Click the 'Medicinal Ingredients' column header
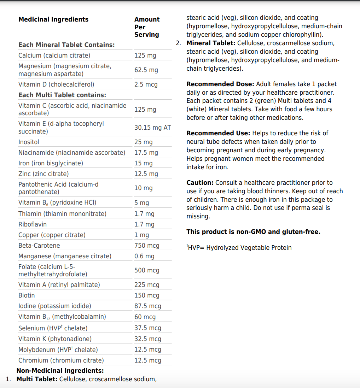point(53,19)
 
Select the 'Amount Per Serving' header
point(147,27)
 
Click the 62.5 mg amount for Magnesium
point(146,70)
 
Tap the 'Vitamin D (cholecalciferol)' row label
point(56,84)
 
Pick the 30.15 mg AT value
point(152,128)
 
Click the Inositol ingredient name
point(29,142)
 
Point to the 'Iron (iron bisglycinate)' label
point(51,163)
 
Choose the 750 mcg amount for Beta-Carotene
point(147,246)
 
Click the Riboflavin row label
point(33,224)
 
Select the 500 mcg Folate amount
point(147,270)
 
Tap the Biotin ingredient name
point(27,295)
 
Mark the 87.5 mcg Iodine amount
point(147,306)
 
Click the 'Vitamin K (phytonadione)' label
point(55,339)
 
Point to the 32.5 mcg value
point(147,339)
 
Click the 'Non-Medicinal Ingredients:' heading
point(60,371)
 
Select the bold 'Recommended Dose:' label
point(220,84)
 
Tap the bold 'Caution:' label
point(200,183)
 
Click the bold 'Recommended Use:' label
point(218,133)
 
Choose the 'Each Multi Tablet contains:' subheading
point(62,95)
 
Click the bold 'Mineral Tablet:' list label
point(211,43)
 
